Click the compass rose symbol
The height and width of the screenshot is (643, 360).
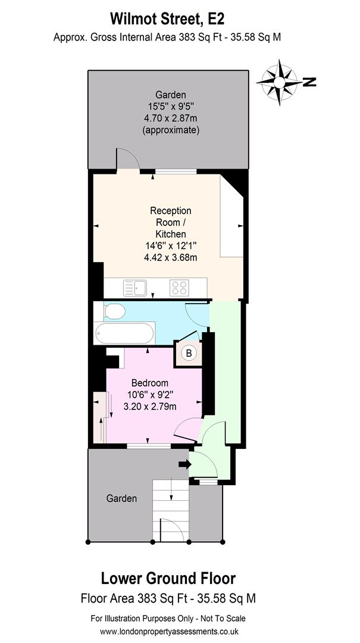point(280,82)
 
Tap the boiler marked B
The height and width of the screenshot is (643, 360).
point(189,353)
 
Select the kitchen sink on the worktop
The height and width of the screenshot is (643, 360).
point(136,288)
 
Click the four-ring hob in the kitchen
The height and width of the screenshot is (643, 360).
point(179,288)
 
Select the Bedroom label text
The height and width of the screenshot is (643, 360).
point(149,383)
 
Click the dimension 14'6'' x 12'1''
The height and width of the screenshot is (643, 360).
point(171,246)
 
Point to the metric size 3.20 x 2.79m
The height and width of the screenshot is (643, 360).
point(149,407)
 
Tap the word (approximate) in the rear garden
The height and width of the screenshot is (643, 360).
point(171,130)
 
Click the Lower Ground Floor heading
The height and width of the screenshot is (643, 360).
point(168,578)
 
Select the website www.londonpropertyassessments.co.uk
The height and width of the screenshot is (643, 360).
point(168,631)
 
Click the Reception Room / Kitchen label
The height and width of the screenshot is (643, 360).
point(171,222)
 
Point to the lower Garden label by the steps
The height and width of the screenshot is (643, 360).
point(121,498)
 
